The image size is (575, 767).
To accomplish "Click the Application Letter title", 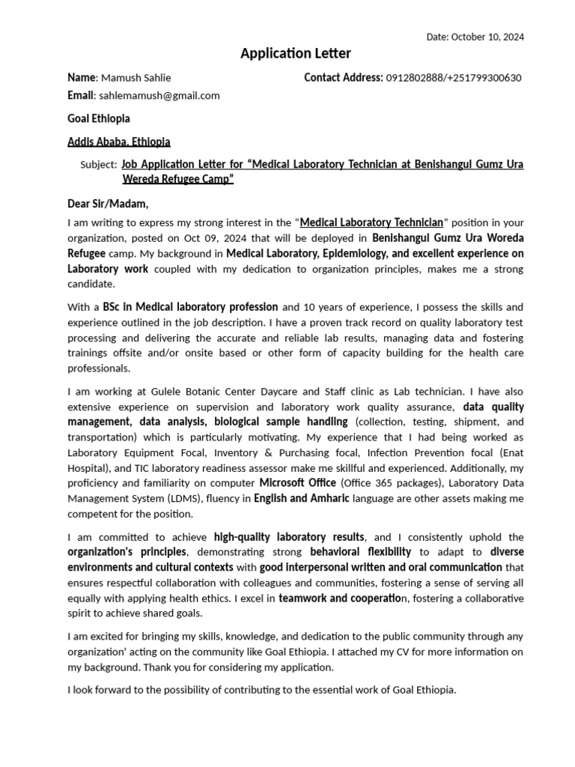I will pyautogui.click(x=295, y=53).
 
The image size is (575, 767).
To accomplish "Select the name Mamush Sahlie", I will pyautogui.click(x=136, y=78).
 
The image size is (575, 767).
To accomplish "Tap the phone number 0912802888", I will pyautogui.click(x=416, y=78).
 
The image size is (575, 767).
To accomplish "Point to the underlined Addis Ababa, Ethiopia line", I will pyautogui.click(x=119, y=141).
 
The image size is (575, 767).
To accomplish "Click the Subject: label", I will pyautogui.click(x=98, y=164).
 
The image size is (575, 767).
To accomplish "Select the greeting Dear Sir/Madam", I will pyautogui.click(x=108, y=203).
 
